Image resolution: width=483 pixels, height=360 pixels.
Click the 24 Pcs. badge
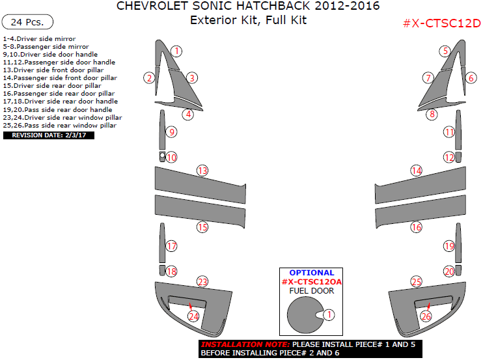(27, 22)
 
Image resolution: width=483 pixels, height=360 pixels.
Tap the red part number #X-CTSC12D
(442, 23)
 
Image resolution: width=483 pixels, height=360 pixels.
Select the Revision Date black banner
(49, 135)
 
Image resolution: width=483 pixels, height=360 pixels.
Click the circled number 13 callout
(202, 171)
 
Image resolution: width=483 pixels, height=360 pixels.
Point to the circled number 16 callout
(416, 227)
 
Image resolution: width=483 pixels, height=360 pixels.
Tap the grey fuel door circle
(305, 315)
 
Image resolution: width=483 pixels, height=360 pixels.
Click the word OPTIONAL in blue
(311, 273)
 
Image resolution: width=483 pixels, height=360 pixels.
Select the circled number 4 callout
(188, 115)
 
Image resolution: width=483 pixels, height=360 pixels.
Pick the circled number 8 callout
(432, 115)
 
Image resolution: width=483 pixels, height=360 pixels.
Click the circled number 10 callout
(171, 158)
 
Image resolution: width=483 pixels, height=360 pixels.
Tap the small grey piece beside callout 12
(458, 157)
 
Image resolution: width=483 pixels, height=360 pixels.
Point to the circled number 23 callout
(202, 281)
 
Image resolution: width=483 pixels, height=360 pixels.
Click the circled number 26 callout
(426, 316)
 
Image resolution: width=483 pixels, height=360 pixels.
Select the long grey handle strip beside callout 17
(162, 243)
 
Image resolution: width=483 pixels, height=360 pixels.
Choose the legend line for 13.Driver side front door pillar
(53, 70)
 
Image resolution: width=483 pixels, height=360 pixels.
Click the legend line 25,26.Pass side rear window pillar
(60, 126)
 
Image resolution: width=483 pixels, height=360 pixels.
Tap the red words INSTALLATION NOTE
(245, 344)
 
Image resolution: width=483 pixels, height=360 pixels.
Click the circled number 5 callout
(445, 51)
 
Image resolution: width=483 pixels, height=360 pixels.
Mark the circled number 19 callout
(449, 246)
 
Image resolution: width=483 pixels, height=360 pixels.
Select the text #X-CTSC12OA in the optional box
(311, 281)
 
